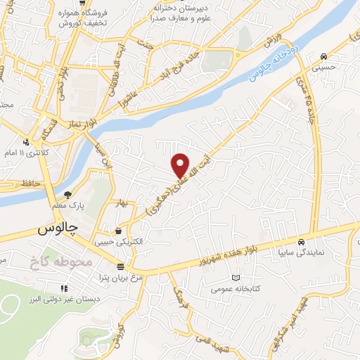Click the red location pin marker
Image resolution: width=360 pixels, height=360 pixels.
pyautogui.click(x=180, y=165)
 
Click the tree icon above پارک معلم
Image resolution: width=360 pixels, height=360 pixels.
pyautogui.click(x=67, y=195)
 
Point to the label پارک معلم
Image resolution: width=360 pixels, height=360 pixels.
pyautogui.click(x=67, y=206)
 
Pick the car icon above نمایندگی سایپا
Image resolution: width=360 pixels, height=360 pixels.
pyautogui.click(x=301, y=239)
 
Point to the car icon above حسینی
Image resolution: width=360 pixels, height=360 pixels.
pyautogui.click(x=322, y=56)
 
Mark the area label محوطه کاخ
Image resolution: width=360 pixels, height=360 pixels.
pyautogui.click(x=61, y=262)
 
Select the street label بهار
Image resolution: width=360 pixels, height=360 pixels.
pyautogui.click(x=120, y=204)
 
